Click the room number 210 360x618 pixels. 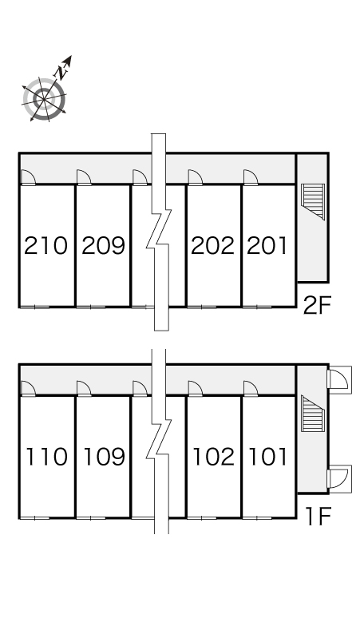[45, 246]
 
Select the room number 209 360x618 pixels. [103, 246]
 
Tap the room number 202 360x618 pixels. [212, 246]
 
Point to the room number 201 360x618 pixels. [267, 246]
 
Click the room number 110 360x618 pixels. [46, 457]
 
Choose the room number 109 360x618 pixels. [104, 457]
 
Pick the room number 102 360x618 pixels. [213, 457]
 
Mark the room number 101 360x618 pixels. [267, 457]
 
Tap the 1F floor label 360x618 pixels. [318, 517]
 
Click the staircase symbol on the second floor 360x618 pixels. [313, 201]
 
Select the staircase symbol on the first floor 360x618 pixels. [313, 413]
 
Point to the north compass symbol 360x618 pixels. [44, 98]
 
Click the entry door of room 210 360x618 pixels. [28, 177]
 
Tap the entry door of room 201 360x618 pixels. [251, 177]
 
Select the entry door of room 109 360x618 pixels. [84, 388]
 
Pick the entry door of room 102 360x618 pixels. [195, 388]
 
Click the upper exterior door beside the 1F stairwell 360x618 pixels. [339, 378]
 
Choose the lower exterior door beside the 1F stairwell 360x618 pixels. [339, 477]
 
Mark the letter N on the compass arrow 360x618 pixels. [61, 72]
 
